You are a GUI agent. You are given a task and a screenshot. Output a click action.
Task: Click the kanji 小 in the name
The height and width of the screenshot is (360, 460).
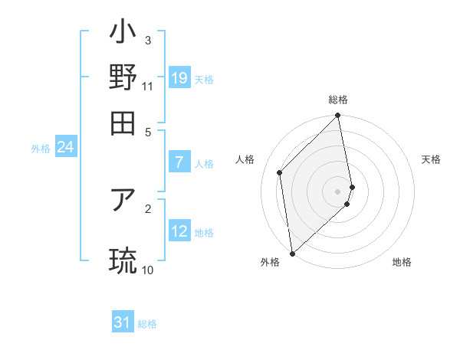123,34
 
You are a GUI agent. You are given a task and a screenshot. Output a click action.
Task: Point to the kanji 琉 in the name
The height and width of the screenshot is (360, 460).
123,259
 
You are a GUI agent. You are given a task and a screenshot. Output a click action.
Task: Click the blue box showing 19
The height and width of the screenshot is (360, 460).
179,77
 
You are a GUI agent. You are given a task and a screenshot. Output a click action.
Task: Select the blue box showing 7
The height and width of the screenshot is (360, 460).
179,162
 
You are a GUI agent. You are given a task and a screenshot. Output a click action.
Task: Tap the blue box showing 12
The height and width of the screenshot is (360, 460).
179,231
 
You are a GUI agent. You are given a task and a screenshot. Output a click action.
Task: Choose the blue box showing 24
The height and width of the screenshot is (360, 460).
65,147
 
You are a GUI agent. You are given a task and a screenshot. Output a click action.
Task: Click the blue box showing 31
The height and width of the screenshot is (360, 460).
123,322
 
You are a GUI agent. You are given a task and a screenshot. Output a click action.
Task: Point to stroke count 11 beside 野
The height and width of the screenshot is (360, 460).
148,87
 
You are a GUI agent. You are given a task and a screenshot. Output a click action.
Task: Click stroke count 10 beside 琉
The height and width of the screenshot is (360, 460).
148,270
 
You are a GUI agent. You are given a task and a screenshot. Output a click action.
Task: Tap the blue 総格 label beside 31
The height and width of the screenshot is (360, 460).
147,324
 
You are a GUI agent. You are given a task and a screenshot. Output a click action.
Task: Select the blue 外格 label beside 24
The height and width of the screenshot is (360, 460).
41,149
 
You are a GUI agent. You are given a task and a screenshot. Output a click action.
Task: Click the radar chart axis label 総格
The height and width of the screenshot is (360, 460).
338,100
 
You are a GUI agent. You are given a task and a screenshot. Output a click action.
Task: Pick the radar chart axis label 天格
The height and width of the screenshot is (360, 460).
432,159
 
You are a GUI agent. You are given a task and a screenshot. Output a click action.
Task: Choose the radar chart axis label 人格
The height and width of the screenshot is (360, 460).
245,159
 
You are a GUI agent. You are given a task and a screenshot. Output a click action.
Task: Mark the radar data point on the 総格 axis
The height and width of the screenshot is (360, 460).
338,116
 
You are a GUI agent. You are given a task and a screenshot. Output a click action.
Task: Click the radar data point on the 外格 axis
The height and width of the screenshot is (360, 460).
292,253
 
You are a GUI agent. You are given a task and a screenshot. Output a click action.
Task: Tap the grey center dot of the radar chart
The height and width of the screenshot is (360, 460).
338,191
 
